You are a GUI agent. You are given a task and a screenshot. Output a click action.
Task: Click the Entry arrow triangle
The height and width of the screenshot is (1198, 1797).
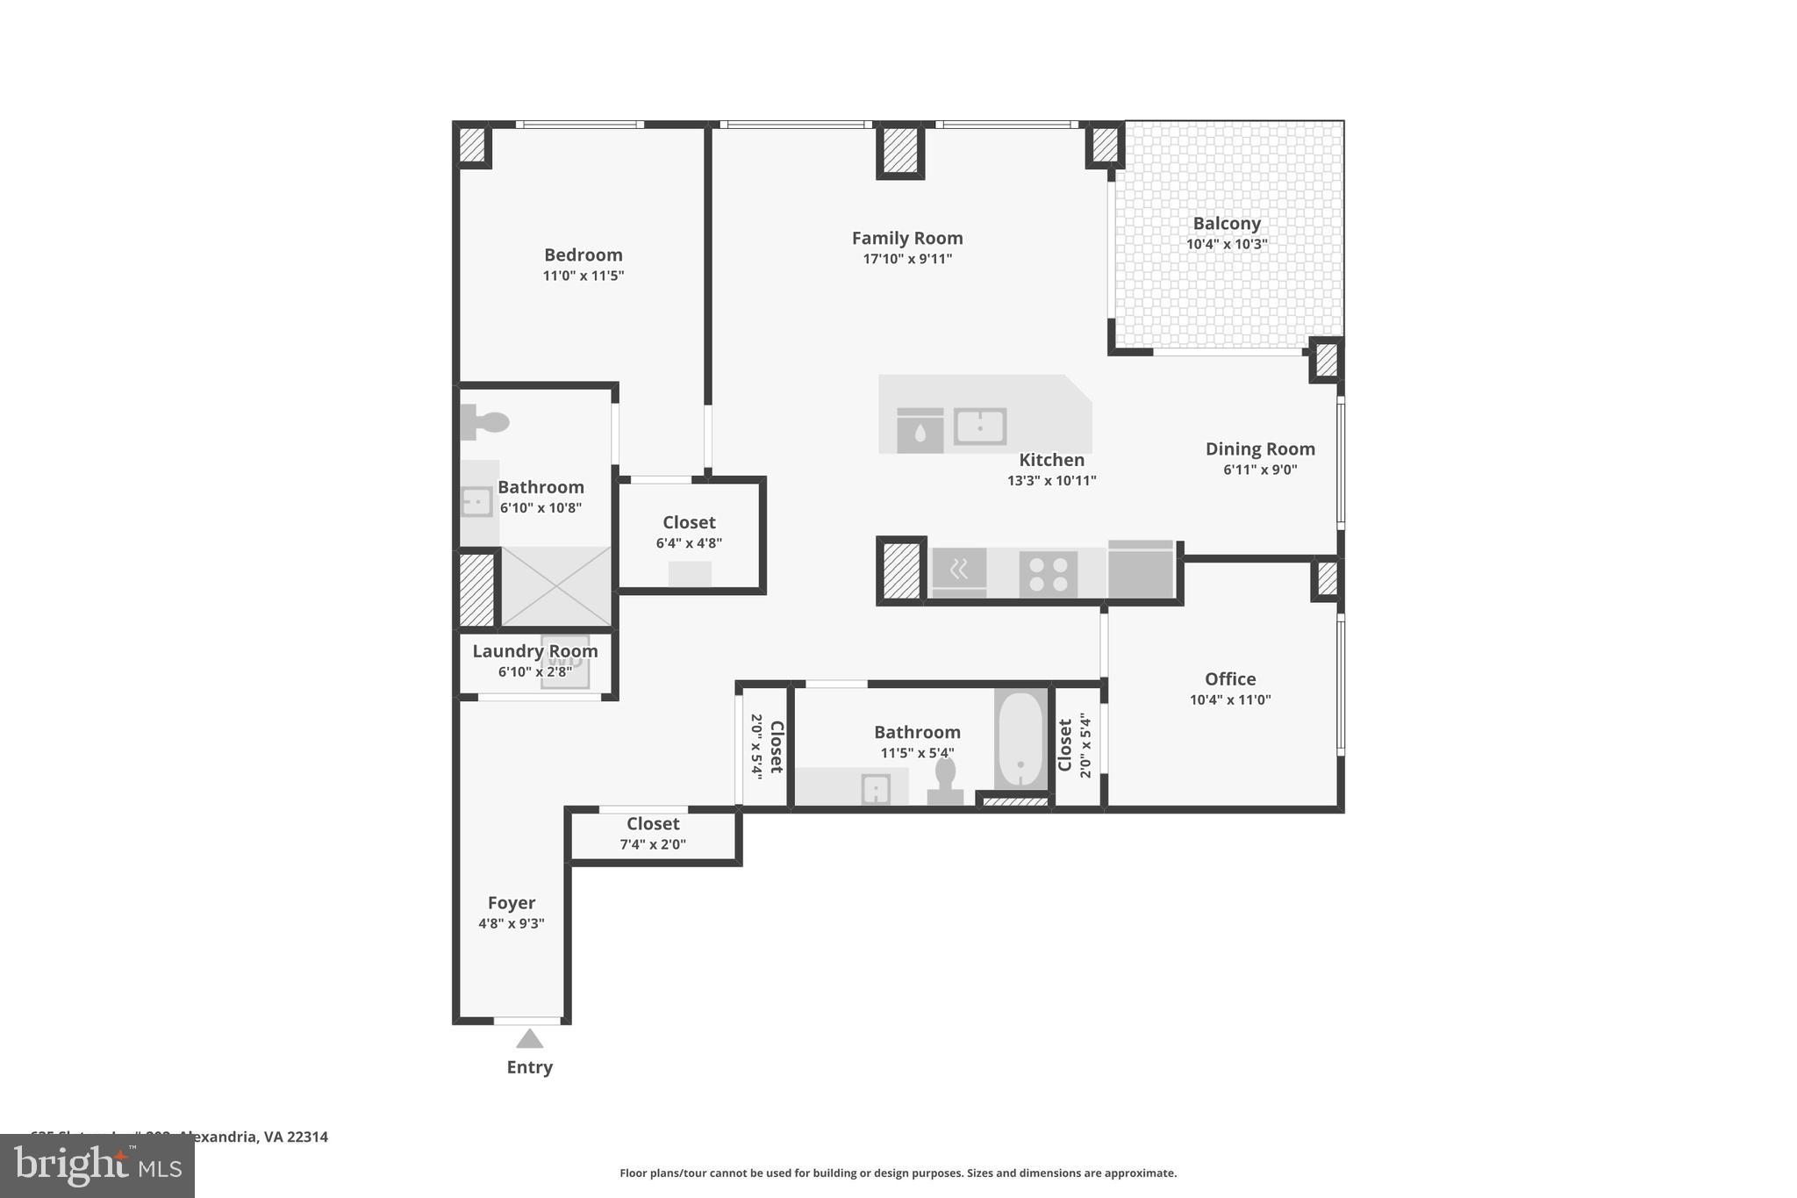click(529, 1039)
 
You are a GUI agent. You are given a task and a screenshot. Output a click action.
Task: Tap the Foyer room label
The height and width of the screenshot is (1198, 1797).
click(511, 903)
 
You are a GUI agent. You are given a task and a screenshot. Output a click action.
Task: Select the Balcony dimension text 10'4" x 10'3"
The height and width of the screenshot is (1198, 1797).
click(1227, 244)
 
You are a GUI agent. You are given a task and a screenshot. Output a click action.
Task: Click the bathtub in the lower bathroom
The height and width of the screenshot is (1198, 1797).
click(1020, 740)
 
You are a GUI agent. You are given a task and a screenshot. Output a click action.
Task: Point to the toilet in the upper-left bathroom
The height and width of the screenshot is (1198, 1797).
click(484, 422)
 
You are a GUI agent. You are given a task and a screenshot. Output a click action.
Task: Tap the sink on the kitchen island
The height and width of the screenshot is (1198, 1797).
click(979, 427)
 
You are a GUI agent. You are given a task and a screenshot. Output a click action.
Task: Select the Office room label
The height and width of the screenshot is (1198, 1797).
click(1229, 678)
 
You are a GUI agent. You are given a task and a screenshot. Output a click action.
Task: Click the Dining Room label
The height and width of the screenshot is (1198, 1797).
click(1259, 448)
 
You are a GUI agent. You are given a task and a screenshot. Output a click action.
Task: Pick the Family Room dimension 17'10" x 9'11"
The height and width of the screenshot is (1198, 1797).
click(907, 259)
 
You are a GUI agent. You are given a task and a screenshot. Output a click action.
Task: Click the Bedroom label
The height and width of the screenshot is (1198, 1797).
click(583, 255)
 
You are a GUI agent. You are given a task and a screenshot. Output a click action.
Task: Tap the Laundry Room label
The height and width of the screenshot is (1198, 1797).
click(534, 651)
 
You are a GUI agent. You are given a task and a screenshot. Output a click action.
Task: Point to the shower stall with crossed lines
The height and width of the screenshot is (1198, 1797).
click(555, 586)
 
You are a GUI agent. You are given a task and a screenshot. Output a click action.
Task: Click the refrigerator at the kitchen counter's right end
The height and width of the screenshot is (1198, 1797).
click(1140, 570)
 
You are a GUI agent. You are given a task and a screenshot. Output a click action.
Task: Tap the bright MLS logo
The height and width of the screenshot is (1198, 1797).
click(97, 1166)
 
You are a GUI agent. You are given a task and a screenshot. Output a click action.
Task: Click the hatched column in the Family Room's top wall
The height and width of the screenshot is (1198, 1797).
click(900, 151)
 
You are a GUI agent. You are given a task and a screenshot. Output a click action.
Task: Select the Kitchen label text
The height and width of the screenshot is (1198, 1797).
click(1051, 460)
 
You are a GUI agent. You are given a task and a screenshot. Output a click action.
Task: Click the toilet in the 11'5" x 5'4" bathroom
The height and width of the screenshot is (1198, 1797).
click(945, 780)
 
